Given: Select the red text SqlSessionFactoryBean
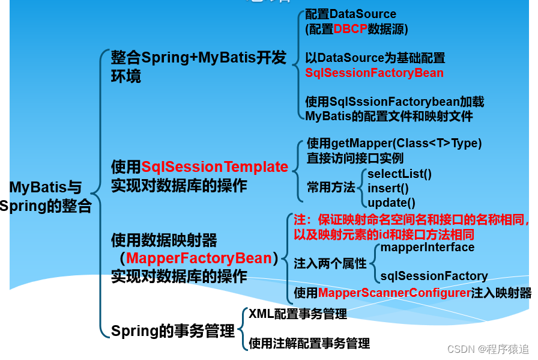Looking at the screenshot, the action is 374,73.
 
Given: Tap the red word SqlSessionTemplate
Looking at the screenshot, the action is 214,167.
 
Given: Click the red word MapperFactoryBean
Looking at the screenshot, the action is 199,258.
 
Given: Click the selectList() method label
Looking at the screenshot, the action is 399,174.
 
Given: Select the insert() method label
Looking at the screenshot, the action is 387,188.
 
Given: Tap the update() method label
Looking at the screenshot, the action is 391,203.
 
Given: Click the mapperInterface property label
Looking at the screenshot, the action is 427,247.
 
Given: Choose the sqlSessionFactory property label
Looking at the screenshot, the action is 434,276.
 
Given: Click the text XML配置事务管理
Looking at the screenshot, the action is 298,314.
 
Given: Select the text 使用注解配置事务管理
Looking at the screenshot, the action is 309,344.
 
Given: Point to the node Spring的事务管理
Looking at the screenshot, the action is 173,331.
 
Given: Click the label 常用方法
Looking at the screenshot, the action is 331,187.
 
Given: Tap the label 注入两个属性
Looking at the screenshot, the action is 330,263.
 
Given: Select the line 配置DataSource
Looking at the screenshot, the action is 351,14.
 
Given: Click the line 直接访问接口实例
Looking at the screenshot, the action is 355,159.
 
